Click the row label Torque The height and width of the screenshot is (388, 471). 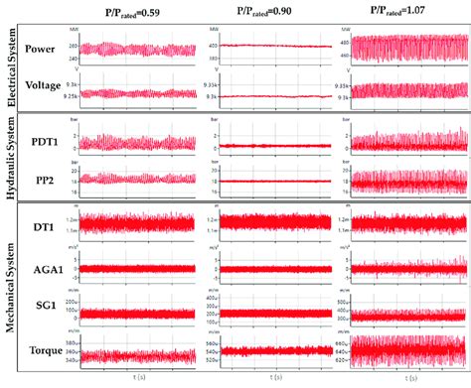click(46, 350)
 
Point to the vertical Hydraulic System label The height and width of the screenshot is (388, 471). click(10, 160)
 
